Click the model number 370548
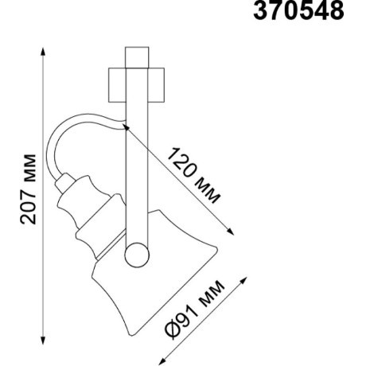[298, 10]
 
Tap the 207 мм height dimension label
[28, 189]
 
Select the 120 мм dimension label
[193, 175]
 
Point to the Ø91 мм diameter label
[195, 309]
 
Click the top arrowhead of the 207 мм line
[43, 52]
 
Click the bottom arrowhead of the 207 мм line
[43, 341]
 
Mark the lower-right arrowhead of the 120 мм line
[231, 232]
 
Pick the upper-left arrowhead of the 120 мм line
[127, 127]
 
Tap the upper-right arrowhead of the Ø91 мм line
[243, 281]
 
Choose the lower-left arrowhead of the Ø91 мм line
[162, 360]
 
